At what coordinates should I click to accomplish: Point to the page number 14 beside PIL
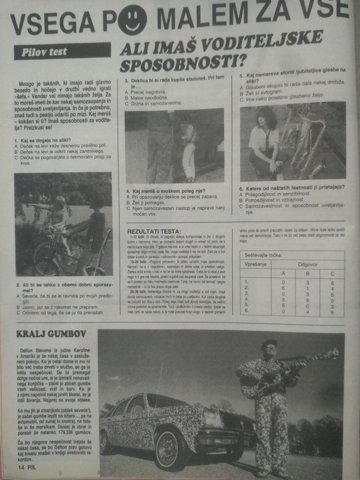(x=23, y=466)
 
